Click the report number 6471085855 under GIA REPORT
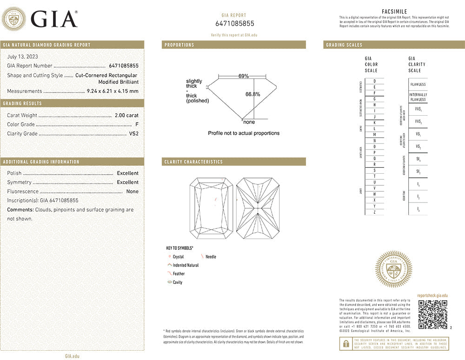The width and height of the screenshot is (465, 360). coord(235,24)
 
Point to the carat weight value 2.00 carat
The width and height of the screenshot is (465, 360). coord(126,115)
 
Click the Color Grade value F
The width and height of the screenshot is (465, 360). coord(137,124)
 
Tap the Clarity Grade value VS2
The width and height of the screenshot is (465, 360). coord(133,134)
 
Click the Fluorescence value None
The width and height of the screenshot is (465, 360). coord(132,191)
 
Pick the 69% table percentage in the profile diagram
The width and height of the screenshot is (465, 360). coord(243,76)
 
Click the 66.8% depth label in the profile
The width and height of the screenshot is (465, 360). coord(252,94)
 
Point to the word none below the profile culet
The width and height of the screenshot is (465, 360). coord(249,122)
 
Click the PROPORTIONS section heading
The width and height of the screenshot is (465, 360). coord(179,45)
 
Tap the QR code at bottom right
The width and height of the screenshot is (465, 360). coord(432,314)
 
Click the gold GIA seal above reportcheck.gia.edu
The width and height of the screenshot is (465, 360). coord(394,269)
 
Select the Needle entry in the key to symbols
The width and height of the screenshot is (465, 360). coord(210,257)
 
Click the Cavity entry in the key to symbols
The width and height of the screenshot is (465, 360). coord(177,282)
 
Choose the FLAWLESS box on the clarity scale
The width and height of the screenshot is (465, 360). coord(418,85)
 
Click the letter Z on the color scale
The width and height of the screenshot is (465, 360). coord(374,212)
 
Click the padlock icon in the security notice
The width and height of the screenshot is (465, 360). coord(346,344)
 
